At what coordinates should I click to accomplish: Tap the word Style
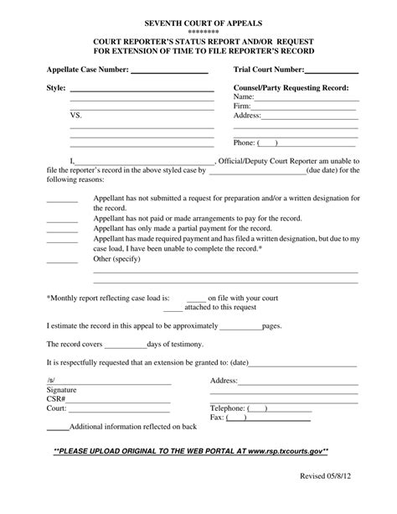pyautogui.click(x=54, y=87)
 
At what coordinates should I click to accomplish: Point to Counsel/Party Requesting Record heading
pyautogui.click(x=291, y=87)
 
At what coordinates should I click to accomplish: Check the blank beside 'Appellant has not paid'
pyautogui.click(x=61, y=220)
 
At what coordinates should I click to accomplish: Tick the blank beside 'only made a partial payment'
pyautogui.click(x=61, y=229)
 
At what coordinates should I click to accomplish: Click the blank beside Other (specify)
pyautogui.click(x=61, y=261)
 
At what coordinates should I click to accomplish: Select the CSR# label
pyautogui.click(x=57, y=399)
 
